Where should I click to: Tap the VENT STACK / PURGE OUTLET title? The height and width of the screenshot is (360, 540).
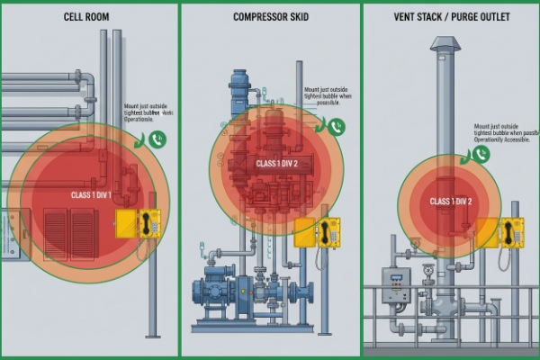point(452,16)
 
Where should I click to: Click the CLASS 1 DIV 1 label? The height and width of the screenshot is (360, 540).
point(92,194)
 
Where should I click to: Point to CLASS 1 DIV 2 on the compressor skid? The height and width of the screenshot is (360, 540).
point(277,164)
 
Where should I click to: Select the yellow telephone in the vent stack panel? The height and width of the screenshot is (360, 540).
point(511,232)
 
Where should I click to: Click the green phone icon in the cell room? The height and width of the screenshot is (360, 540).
point(157,139)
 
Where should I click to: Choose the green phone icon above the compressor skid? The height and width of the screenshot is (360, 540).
point(335,128)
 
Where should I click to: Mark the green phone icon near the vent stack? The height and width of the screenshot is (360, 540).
point(481,154)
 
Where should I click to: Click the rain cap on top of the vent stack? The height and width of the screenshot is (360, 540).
point(445,43)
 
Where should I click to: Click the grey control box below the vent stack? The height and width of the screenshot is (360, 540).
point(396,284)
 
